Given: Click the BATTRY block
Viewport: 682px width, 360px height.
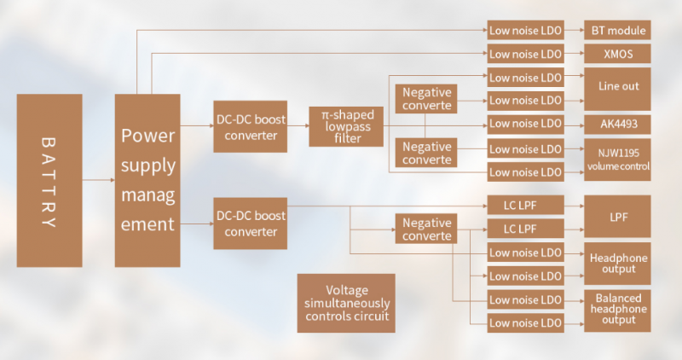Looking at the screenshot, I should point(49,180).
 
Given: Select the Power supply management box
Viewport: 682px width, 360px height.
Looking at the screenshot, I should point(147,180).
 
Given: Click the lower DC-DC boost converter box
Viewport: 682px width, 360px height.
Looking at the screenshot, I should point(251,224).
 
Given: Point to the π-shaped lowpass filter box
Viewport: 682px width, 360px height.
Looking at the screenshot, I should point(346,125).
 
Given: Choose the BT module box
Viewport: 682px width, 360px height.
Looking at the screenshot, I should point(617,31).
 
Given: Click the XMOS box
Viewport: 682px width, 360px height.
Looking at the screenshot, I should point(617,54).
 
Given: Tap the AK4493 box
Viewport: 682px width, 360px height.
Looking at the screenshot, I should point(617,125).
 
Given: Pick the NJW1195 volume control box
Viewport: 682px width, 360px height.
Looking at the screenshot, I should point(617,160).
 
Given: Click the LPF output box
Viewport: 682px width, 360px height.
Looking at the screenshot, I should point(617,216).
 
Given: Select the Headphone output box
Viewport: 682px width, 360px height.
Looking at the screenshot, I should point(617,264).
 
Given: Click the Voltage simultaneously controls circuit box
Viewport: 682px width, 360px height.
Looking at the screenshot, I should point(346,303).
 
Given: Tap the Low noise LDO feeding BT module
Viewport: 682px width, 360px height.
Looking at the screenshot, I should point(525,31).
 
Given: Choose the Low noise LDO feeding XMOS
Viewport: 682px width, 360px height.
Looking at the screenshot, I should point(525,54).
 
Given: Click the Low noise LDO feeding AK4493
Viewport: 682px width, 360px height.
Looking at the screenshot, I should point(525,125).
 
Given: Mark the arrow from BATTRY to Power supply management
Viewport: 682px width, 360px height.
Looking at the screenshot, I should point(99,180).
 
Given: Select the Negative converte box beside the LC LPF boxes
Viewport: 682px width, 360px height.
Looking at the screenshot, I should point(427,229).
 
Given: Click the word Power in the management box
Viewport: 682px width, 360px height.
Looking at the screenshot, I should point(147,135).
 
